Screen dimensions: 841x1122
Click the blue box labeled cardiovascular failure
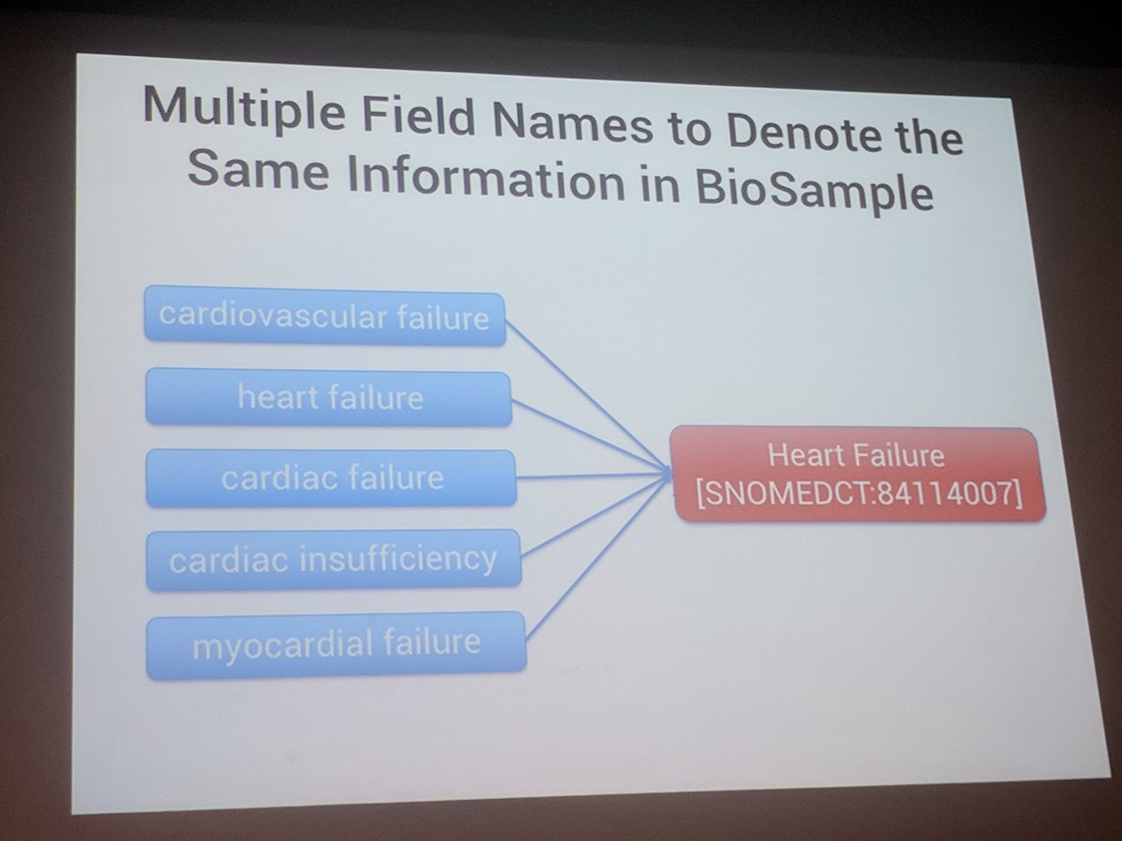[x=324, y=318]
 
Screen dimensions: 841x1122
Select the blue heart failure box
[x=329, y=398]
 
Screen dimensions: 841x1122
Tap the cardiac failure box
[x=331, y=478]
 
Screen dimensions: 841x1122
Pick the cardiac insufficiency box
[x=333, y=560]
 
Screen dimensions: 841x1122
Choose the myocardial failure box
[x=336, y=643]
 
